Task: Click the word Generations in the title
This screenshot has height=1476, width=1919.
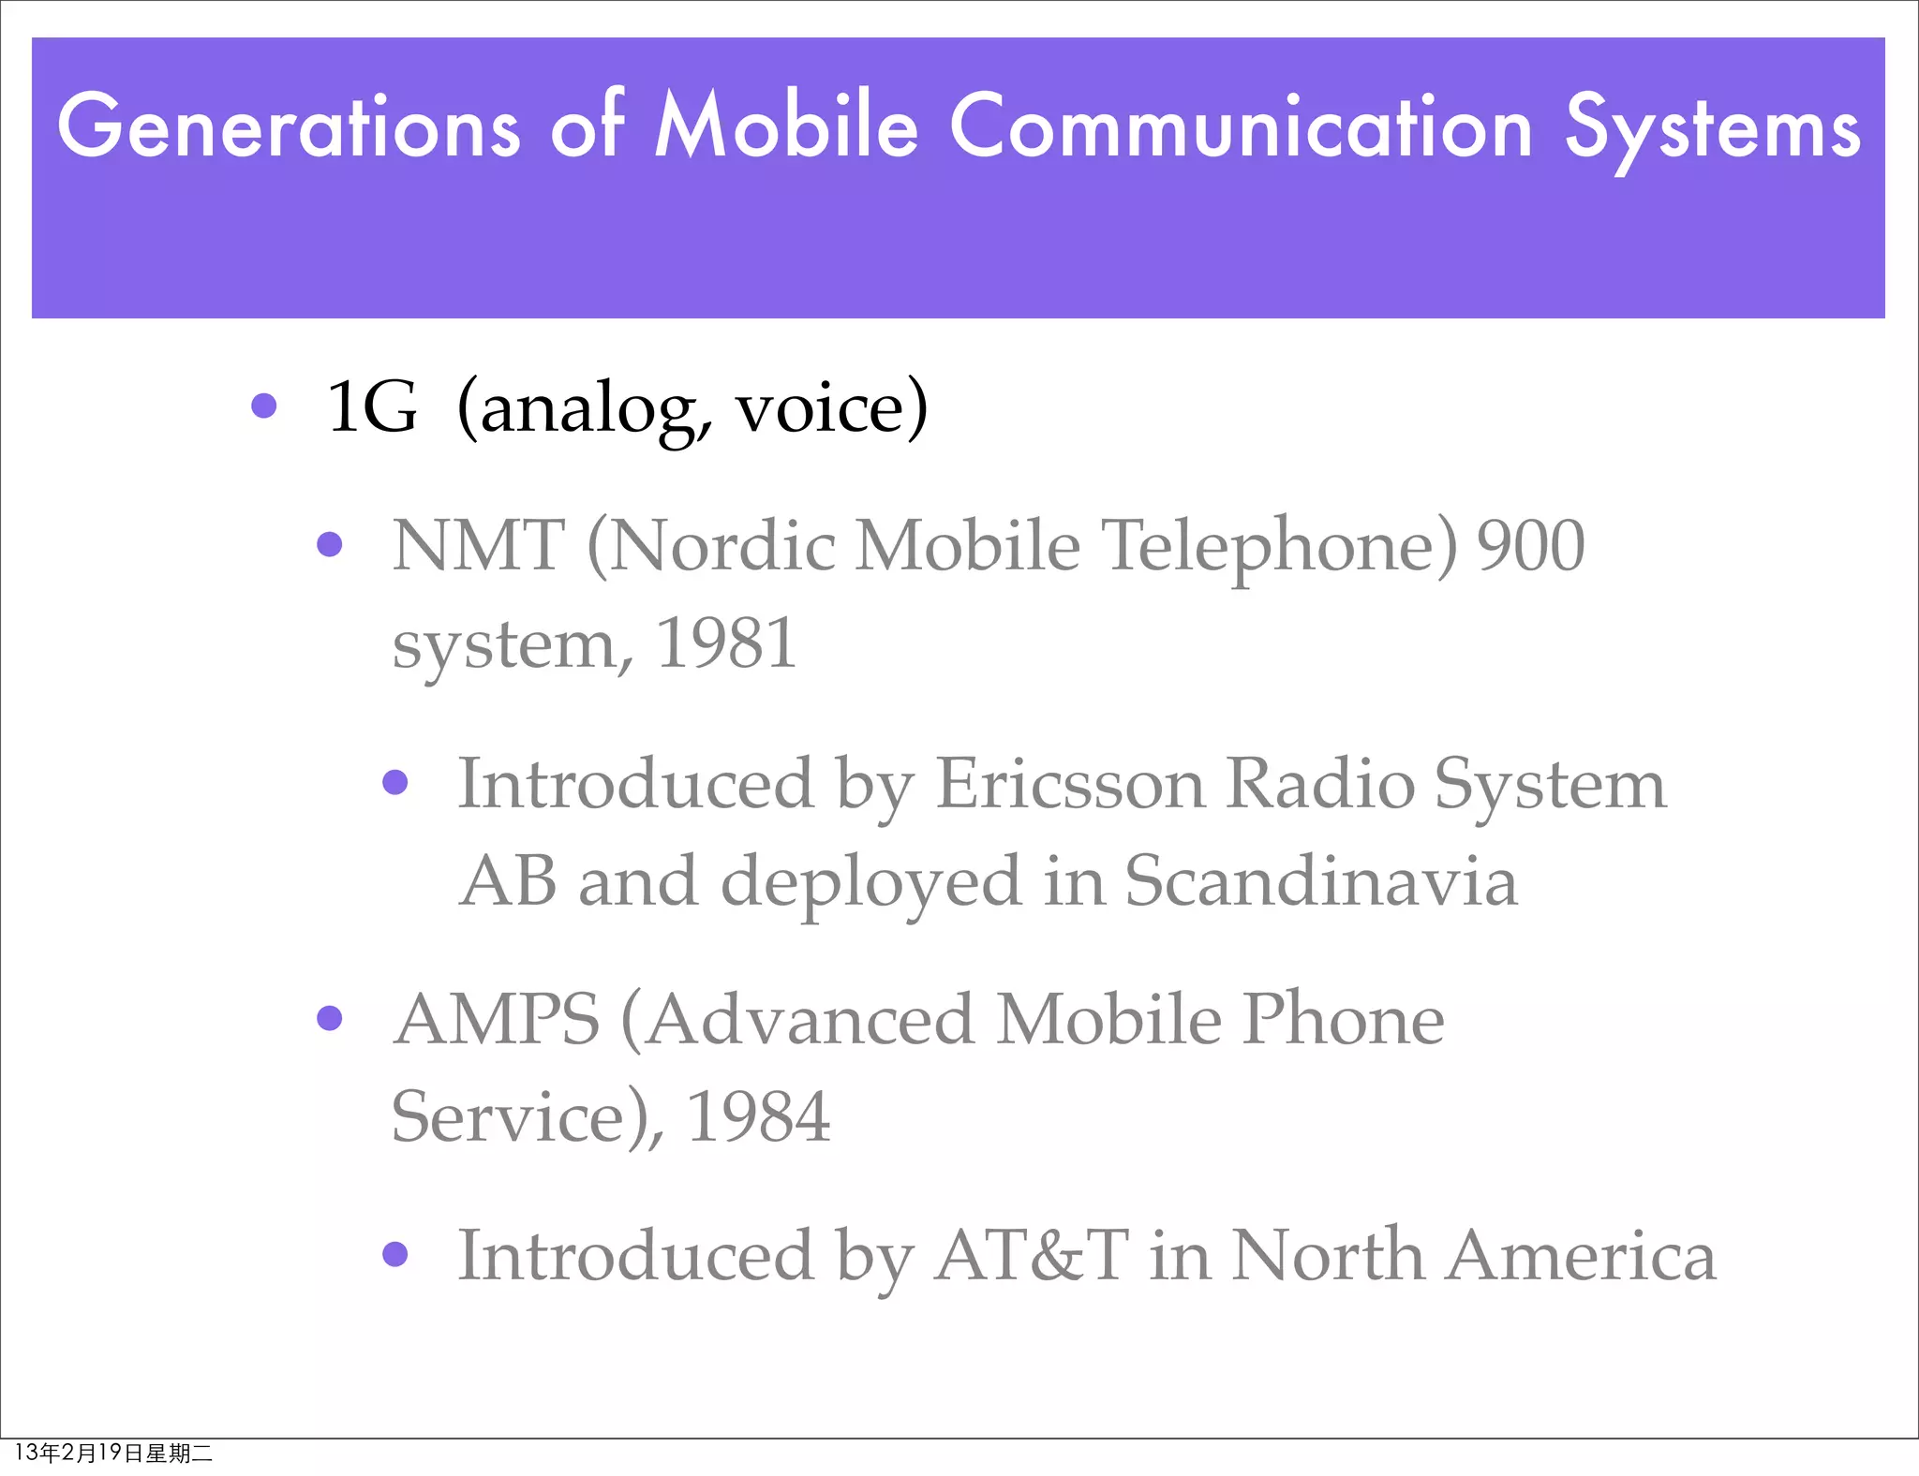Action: coord(289,126)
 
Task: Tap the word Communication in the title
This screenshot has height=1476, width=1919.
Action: coord(1242,126)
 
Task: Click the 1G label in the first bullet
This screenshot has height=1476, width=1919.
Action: coord(372,407)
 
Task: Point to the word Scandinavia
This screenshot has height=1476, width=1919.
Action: coord(1320,881)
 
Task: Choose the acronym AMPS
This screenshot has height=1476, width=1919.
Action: coord(497,1019)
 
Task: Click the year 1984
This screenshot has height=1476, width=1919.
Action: coord(759,1116)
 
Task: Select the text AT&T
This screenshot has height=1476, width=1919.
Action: coord(1032,1255)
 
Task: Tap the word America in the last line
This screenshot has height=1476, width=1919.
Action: coord(1581,1255)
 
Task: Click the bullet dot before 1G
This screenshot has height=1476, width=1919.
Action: coord(264,406)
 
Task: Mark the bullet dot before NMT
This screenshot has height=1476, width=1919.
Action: coord(330,544)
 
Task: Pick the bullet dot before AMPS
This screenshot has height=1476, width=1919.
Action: coord(330,1018)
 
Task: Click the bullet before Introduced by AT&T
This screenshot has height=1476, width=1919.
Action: coord(395,1254)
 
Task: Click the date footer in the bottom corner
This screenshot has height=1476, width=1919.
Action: coord(113,1453)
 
